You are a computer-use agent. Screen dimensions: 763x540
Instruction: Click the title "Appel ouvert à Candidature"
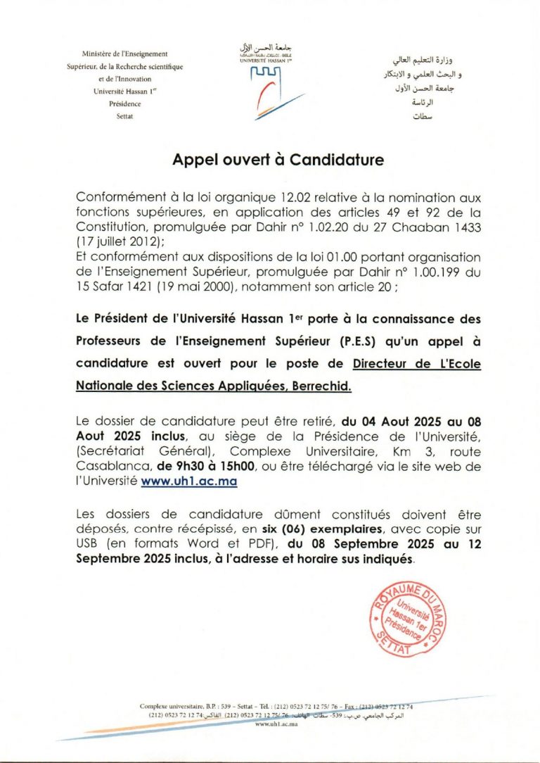point(278,160)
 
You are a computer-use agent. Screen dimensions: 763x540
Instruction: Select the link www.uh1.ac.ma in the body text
point(189,481)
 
